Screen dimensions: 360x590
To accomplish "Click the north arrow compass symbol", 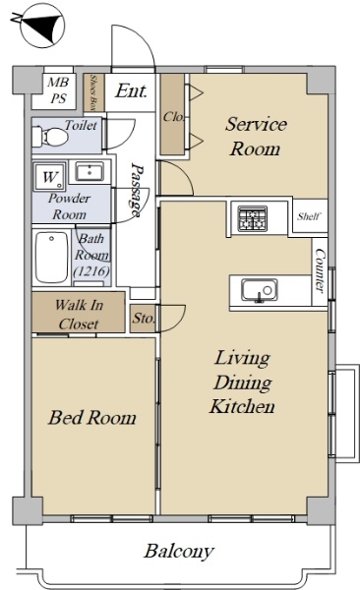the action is tap(41, 27).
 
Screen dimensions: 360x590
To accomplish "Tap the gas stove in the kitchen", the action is tap(253, 218).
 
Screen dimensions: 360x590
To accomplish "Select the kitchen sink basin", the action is tap(260, 291).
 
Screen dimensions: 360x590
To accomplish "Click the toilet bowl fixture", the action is tap(50, 137).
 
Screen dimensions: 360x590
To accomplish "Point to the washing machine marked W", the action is tap(50, 176).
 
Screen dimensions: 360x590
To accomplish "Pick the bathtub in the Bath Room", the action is tap(52, 258).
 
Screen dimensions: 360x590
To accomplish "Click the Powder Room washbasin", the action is tap(90, 171).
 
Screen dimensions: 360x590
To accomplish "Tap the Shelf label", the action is tap(309, 216).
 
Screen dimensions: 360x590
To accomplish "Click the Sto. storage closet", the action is tap(143, 319).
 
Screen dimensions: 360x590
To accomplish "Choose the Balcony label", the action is tap(179, 552).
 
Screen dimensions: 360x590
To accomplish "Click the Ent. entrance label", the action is tap(131, 90).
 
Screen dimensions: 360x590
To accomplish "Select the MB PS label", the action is tap(58, 90).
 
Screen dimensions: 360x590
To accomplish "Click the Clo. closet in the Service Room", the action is tap(173, 114).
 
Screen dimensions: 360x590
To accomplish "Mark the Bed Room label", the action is tap(91, 418).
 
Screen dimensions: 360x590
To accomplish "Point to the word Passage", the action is tap(136, 190).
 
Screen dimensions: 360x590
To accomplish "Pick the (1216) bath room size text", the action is tap(91, 270).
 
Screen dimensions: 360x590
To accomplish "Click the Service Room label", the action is tap(256, 137).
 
